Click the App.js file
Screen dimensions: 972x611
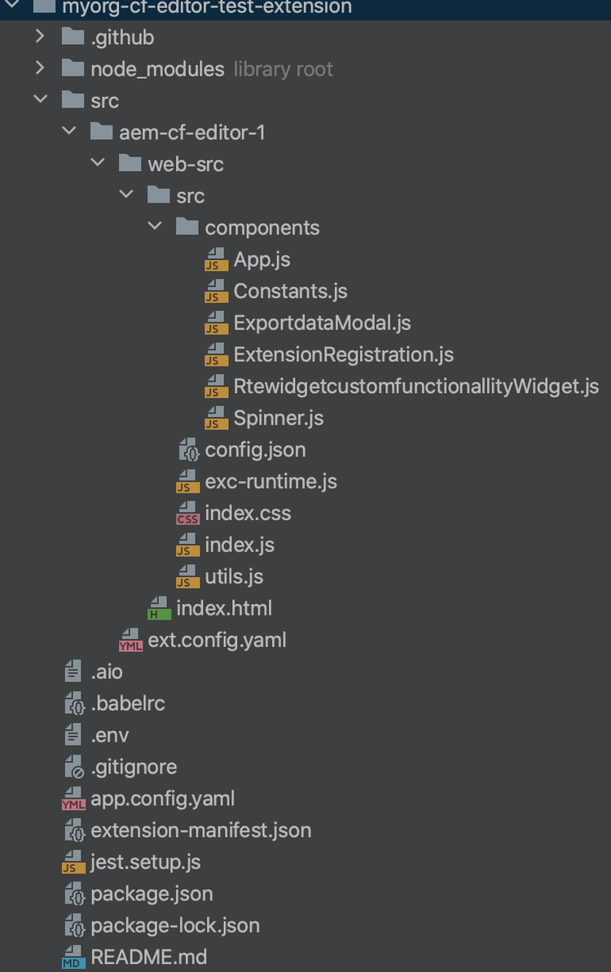coord(262,260)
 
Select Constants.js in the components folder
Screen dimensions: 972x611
coord(290,291)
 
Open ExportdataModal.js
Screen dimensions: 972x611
coord(322,323)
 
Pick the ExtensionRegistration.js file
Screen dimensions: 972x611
coord(343,355)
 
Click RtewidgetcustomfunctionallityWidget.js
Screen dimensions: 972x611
coord(415,387)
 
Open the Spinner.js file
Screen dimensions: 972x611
coord(278,418)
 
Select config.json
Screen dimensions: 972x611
coord(255,450)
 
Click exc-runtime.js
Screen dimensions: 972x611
coord(270,482)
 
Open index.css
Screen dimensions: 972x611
coord(248,514)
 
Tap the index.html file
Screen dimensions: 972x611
coord(224,608)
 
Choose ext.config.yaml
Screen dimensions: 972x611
coord(217,640)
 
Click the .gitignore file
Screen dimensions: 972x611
coord(134,767)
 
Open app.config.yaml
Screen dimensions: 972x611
coord(162,799)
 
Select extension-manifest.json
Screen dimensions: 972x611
coord(200,830)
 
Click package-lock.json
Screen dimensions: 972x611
coord(175,926)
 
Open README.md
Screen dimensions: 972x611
coord(148,957)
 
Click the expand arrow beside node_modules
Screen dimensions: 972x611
coord(39,69)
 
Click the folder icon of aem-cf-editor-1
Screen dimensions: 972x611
coord(102,132)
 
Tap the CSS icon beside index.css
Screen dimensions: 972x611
coord(187,514)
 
